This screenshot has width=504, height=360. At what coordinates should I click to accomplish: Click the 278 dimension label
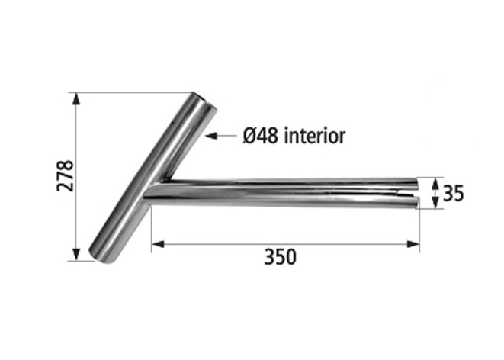(x=66, y=175)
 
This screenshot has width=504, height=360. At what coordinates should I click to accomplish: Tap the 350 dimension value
(x=280, y=257)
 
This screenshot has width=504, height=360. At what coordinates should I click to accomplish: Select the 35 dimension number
(x=453, y=194)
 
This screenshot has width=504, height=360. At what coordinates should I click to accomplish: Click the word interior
(x=315, y=136)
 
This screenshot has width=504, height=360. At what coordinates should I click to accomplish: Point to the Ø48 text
(x=260, y=136)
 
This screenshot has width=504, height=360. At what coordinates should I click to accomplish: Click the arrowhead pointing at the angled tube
(x=211, y=136)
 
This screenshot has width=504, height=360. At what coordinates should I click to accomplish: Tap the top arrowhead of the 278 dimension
(x=75, y=98)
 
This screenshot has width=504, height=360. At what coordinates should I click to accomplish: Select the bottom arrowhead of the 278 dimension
(x=75, y=254)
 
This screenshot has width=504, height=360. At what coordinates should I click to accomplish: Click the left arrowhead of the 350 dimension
(x=158, y=244)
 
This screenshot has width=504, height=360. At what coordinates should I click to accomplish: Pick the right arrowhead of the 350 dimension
(x=413, y=244)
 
